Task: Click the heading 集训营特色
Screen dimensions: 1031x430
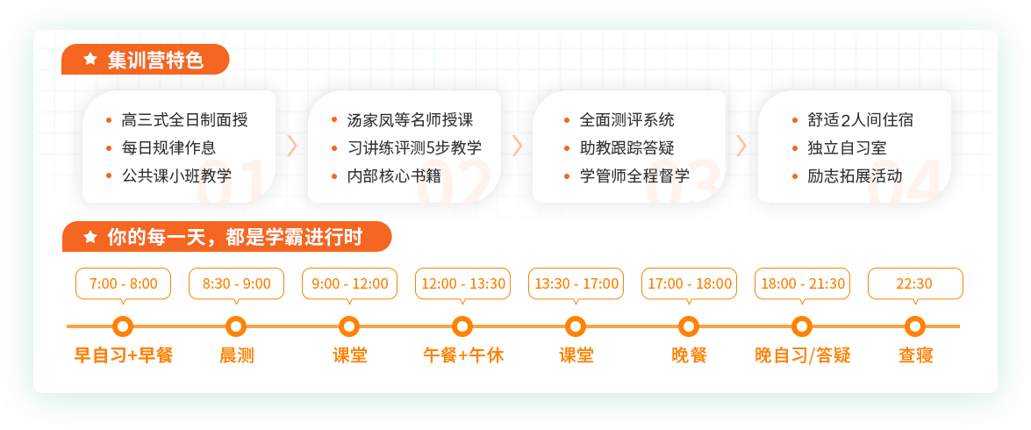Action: coord(155,61)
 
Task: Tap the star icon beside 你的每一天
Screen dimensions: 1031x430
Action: coord(90,237)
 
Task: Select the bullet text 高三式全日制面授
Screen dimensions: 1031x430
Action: coord(185,120)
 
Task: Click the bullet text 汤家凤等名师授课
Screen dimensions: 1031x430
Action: coord(411,120)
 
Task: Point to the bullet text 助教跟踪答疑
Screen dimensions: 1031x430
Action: coord(626,148)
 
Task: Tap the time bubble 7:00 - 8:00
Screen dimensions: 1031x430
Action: coord(124,284)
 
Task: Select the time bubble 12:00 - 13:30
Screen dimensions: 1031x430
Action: coord(463,284)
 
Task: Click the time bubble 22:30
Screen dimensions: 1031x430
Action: coord(915,284)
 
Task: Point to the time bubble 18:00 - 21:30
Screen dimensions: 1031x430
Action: coord(802,284)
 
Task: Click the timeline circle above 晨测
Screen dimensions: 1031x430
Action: coord(236,326)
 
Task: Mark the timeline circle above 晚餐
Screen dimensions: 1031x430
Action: coord(689,326)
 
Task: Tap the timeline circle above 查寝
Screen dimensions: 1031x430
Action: coord(914,326)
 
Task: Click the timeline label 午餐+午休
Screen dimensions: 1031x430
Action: coord(463,355)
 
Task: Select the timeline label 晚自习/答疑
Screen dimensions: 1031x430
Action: coord(803,355)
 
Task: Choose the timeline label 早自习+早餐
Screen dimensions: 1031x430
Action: coord(124,355)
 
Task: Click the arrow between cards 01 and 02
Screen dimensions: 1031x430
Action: coord(292,146)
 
